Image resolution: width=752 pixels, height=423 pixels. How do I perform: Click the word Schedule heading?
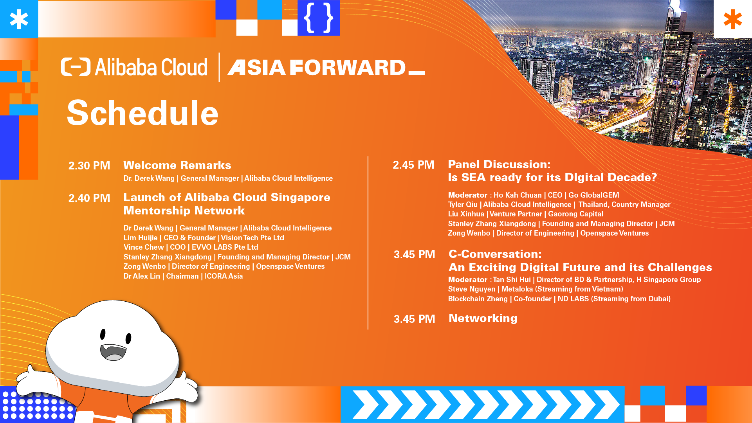click(142, 113)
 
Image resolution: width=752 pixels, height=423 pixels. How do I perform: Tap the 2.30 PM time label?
click(89, 166)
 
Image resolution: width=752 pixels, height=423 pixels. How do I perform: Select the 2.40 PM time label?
click(89, 198)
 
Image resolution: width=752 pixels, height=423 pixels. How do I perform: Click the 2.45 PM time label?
click(413, 165)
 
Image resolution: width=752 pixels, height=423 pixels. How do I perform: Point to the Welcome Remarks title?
click(177, 165)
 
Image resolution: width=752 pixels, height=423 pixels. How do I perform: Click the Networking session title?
click(483, 318)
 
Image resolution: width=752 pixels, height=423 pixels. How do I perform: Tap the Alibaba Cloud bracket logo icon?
click(76, 67)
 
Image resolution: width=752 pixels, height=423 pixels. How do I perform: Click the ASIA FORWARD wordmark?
click(326, 67)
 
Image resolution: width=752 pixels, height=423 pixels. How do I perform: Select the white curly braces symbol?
click(319, 18)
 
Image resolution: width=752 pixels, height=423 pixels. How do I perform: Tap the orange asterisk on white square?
click(733, 20)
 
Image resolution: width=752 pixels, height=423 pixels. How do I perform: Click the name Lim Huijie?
click(141, 238)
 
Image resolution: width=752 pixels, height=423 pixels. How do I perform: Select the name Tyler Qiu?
click(463, 204)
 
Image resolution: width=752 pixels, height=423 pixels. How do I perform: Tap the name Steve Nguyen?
click(472, 289)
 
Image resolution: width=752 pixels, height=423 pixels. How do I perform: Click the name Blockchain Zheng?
click(478, 299)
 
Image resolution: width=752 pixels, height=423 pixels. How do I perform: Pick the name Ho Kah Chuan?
click(518, 195)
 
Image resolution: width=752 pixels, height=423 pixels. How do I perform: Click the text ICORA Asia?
click(224, 276)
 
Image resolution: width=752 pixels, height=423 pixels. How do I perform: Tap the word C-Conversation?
click(495, 254)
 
